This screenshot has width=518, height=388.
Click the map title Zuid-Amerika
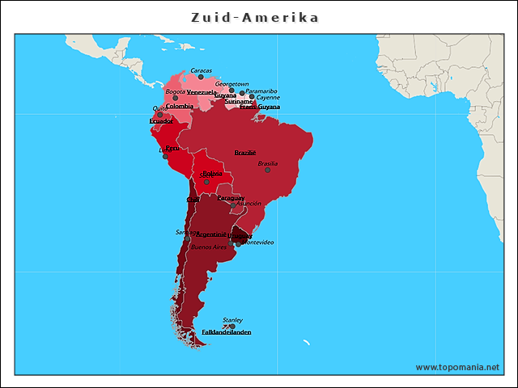(254, 17)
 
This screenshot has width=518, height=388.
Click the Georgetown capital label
(231, 83)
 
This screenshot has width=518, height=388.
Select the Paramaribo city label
(261, 91)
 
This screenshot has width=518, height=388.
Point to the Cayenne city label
(268, 98)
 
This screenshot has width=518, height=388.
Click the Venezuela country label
(202, 92)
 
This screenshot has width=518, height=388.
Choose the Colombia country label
(180, 106)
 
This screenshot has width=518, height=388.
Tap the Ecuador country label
(161, 121)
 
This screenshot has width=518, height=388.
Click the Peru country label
(172, 148)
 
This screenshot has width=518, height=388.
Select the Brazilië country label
(245, 152)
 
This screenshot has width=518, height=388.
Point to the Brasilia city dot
(268, 170)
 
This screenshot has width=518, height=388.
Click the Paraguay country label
(231, 197)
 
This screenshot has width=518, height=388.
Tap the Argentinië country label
(211, 234)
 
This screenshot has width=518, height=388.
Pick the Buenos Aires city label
(209, 247)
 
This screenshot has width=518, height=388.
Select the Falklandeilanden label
(226, 332)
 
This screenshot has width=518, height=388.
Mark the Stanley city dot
(232, 327)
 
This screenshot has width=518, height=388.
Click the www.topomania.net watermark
(457, 367)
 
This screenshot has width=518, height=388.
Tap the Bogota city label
(176, 91)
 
